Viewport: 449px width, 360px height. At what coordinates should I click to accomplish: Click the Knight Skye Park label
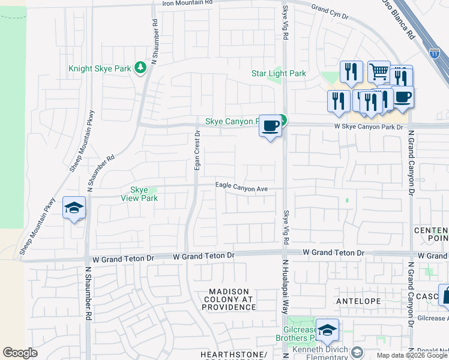tap(100, 68)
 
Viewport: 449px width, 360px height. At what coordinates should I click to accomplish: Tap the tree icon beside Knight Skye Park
tap(141, 67)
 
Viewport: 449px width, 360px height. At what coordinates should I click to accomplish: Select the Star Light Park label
tap(279, 74)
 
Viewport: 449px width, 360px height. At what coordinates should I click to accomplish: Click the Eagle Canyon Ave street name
tap(241, 188)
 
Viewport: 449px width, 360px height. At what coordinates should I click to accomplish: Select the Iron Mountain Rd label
tap(187, 3)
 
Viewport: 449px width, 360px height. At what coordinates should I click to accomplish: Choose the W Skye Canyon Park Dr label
tap(368, 127)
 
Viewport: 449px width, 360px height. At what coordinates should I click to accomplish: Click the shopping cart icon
tap(379, 72)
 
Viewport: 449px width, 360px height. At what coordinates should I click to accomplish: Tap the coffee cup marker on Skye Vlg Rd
tap(270, 126)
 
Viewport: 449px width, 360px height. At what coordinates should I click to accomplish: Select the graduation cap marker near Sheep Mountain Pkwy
tap(74, 208)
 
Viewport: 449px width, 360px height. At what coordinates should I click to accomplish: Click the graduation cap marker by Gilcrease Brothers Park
tap(327, 330)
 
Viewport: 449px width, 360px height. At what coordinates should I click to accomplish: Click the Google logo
tap(20, 352)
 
